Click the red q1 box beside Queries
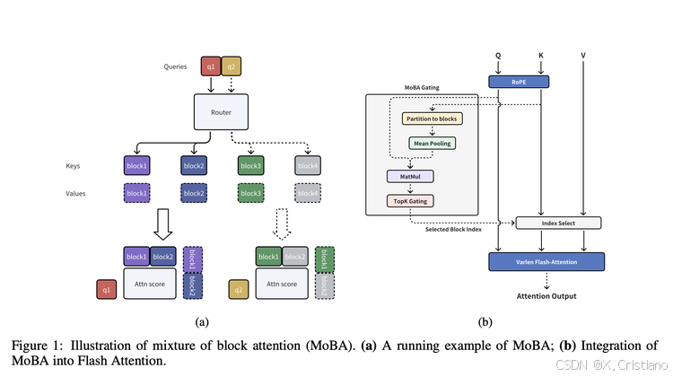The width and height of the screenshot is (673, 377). tap(211, 66)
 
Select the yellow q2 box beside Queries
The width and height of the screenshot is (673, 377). tap(231, 66)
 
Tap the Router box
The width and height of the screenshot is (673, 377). tap(220, 112)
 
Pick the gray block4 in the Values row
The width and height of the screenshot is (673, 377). tap(307, 193)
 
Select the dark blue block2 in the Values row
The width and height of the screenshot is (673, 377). tap(193, 193)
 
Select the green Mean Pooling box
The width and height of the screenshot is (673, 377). tap(433, 143)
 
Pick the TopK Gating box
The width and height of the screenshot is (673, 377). tap(409, 201)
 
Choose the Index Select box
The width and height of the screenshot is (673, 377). tap(557, 223)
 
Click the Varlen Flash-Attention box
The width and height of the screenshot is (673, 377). tap(546, 261)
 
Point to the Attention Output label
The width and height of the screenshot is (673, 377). tap(546, 295)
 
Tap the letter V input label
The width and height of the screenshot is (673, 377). tap(583, 56)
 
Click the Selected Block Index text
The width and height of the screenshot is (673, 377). tap(454, 230)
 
